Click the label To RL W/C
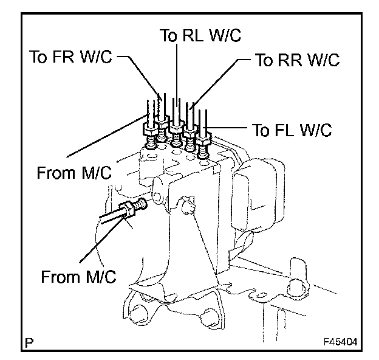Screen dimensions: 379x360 (200, 35)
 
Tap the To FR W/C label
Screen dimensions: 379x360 (71, 57)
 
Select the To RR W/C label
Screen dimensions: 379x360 (298, 60)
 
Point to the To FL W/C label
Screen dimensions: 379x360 (292, 130)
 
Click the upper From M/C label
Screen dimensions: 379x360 (74, 173)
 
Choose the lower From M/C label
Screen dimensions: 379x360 (78, 276)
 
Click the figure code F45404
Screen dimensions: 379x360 (340, 342)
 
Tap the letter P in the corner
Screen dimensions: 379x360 (29, 342)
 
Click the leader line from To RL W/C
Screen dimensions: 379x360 (177, 75)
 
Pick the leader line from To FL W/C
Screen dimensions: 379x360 (225, 127)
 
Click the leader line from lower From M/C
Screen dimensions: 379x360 (103, 238)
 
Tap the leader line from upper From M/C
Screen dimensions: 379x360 (108, 136)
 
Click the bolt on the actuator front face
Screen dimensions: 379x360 (188, 206)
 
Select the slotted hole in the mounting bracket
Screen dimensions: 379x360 (261, 296)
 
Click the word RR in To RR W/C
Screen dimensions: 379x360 (290, 60)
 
